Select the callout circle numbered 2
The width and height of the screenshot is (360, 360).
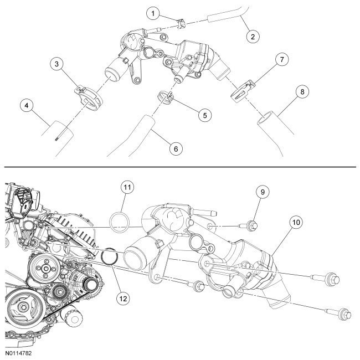coord(253,37)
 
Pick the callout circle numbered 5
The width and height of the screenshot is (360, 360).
coord(204,115)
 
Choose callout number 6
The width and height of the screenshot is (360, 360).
coord(175,148)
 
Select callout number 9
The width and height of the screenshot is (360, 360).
coord(261,193)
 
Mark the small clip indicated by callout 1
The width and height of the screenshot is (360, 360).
coord(179,23)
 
